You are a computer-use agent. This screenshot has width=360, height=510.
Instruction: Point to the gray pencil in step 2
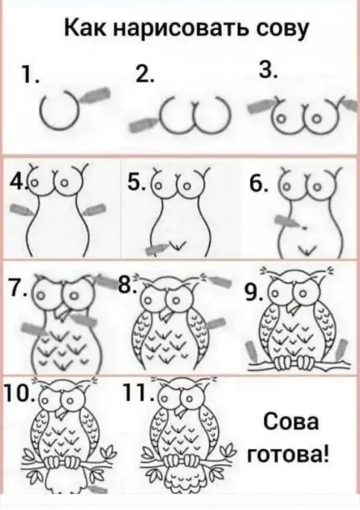pos(143,124)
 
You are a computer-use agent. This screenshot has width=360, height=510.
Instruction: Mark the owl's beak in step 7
pos(61,312)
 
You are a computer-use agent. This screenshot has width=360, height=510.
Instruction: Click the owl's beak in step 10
pos(61,413)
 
